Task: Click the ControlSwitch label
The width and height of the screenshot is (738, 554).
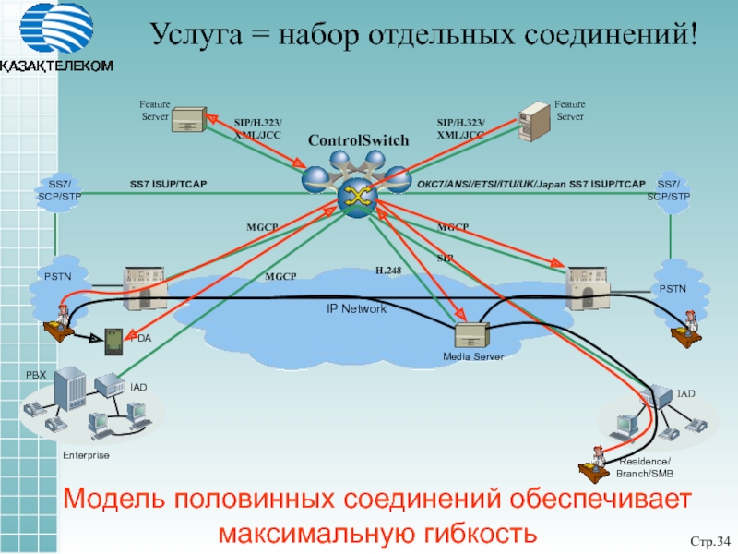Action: (358, 140)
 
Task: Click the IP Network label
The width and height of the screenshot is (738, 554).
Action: (356, 308)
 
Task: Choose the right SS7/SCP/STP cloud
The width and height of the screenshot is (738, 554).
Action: (668, 190)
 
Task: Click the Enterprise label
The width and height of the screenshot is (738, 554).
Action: (86, 456)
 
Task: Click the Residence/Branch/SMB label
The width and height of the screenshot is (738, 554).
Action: (646, 467)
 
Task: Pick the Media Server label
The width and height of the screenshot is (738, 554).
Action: (472, 356)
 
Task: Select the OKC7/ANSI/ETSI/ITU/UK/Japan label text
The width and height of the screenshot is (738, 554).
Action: (492, 185)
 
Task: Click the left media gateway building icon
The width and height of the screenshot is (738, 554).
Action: (144, 288)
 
